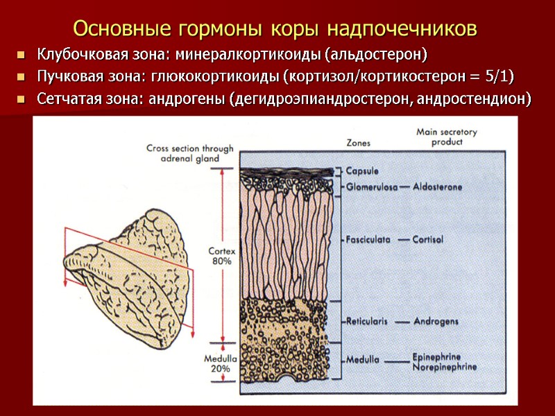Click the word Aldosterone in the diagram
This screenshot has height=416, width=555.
(x=437, y=187)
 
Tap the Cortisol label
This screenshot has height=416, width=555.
(x=427, y=239)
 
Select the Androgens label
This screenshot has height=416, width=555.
(x=436, y=322)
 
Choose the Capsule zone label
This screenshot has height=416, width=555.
(x=362, y=171)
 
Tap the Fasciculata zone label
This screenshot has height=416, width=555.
(x=368, y=239)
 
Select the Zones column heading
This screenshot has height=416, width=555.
(x=358, y=143)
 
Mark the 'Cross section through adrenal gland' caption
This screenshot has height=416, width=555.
(x=190, y=153)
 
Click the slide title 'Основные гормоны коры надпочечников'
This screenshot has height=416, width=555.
(x=275, y=29)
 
